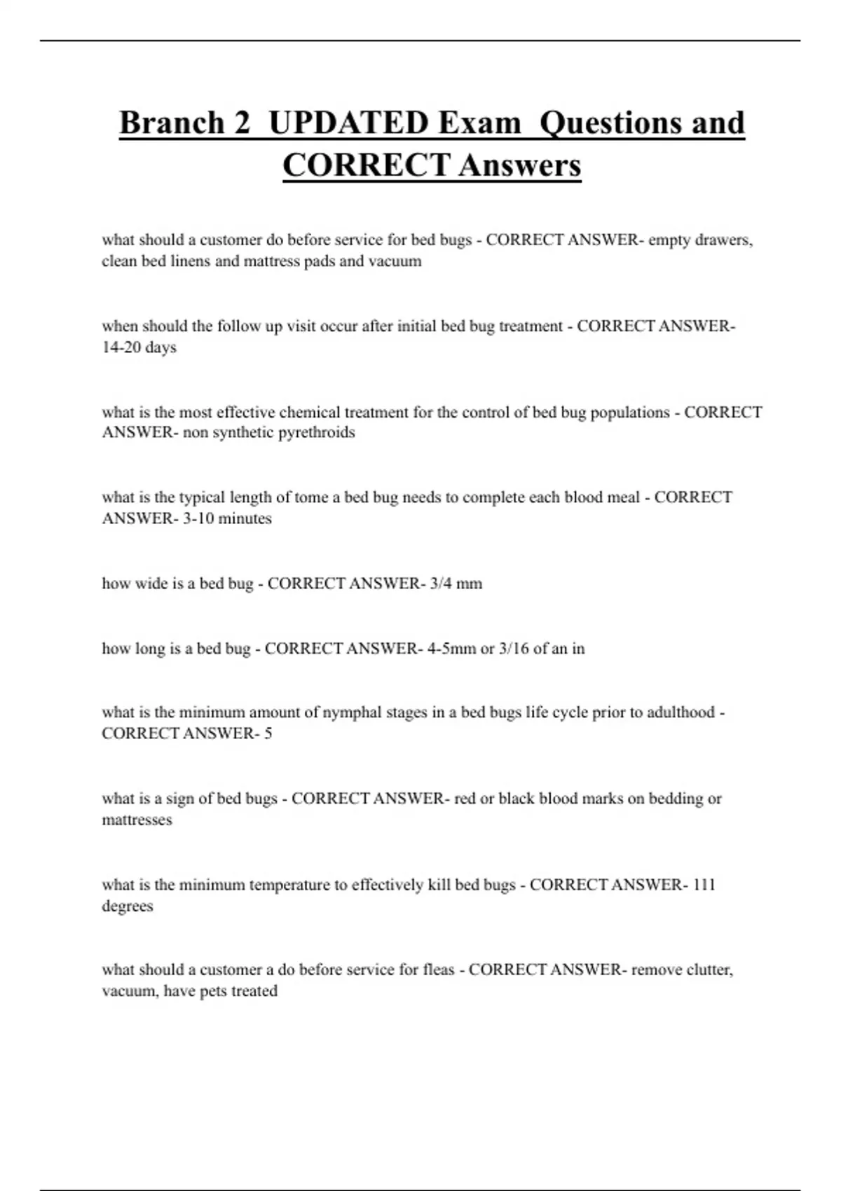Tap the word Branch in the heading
[x=172, y=123]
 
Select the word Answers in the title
[x=520, y=166]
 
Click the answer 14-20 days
[x=139, y=347]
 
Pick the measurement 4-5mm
[x=451, y=649]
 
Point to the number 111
[x=704, y=885]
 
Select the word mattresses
[x=137, y=820]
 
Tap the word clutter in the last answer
[x=707, y=970]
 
